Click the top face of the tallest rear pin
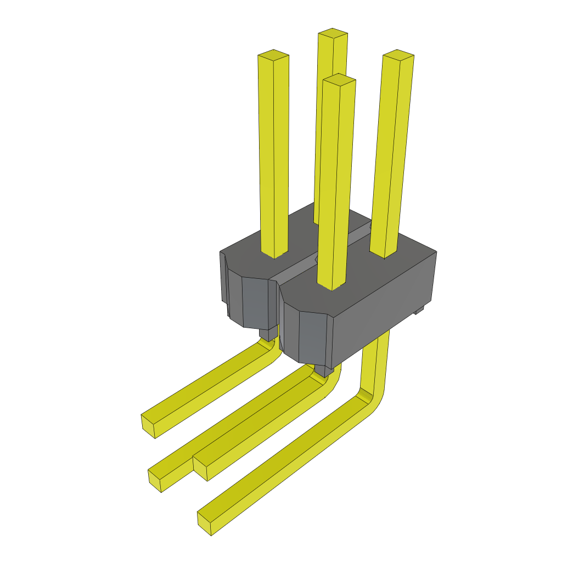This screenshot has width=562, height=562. (333, 34)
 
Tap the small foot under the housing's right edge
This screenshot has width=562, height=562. (420, 311)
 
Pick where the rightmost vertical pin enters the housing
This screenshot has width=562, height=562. (384, 254)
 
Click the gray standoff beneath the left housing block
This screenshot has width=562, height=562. (268, 334)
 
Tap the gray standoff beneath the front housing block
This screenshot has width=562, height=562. (323, 371)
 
